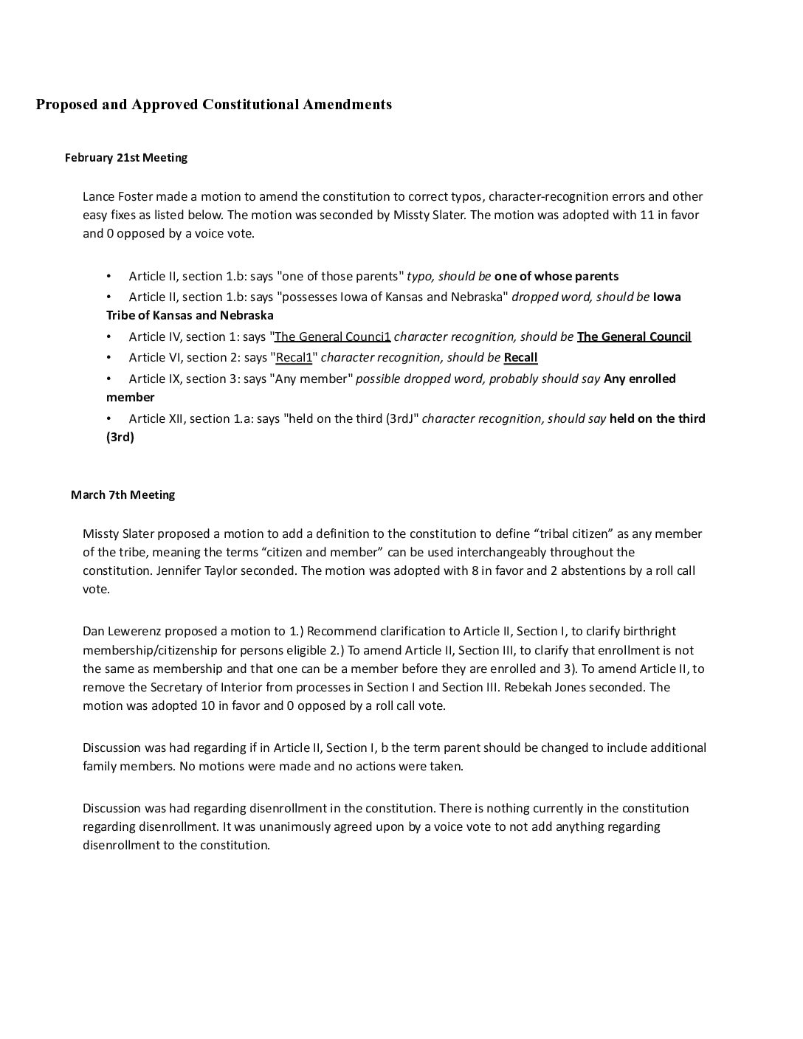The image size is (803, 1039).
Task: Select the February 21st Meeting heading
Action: pos(126,157)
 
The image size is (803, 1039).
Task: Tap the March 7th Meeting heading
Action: pos(123,494)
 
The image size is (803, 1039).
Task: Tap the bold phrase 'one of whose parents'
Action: pos(556,276)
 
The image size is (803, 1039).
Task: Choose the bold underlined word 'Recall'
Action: pos(520,357)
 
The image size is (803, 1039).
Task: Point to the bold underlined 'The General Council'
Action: pos(634,336)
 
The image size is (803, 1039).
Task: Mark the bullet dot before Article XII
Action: pos(109,418)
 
